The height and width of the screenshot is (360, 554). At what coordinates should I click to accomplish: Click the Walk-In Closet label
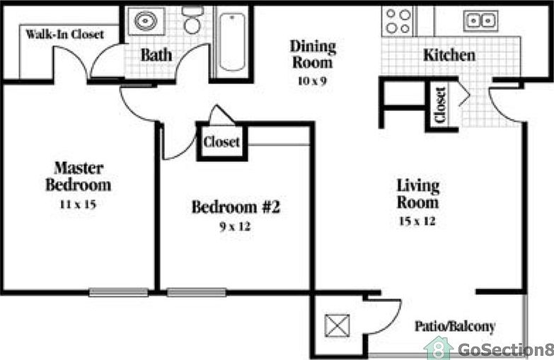tap(64, 34)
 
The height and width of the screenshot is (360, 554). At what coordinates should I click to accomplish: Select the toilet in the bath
tap(192, 22)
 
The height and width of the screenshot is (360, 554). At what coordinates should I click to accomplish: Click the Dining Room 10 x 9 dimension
tap(313, 81)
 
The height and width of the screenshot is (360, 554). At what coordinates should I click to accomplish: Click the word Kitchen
tap(449, 54)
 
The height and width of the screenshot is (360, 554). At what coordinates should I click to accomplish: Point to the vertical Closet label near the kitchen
tap(440, 106)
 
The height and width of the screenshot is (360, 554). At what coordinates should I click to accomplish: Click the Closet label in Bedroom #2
tap(221, 142)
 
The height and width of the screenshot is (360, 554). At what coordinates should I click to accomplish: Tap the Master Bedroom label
tap(78, 177)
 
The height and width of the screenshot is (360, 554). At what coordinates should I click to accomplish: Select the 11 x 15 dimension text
tap(78, 204)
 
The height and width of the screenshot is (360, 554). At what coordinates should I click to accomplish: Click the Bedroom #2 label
tap(236, 207)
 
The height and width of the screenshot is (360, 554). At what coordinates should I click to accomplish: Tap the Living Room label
tap(417, 194)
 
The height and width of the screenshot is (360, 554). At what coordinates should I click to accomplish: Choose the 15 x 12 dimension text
tap(417, 221)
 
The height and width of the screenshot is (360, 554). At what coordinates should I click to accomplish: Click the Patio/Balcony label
tap(454, 327)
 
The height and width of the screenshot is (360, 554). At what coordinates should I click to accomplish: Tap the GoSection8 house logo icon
tap(439, 348)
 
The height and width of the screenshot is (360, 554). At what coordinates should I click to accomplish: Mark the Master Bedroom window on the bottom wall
tap(118, 291)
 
